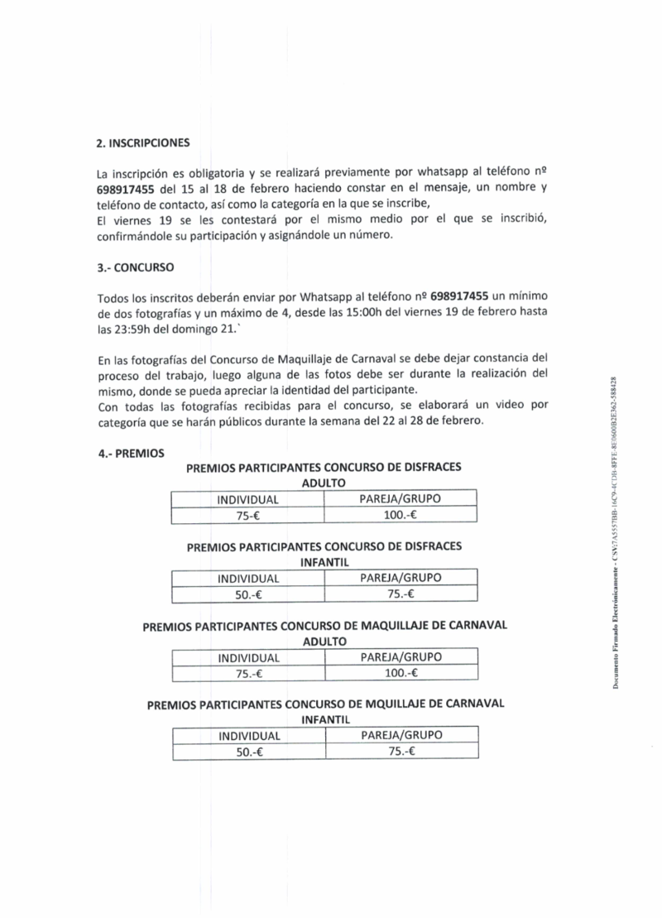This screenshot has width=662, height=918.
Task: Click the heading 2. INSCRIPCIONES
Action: click(x=143, y=142)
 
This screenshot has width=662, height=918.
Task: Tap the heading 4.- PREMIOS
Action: click(x=131, y=454)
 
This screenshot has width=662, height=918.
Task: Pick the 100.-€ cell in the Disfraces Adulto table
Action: click(x=399, y=515)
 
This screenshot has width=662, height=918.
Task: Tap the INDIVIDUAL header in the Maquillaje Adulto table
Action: click(x=249, y=658)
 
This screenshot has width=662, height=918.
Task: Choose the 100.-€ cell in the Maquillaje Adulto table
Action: click(x=401, y=673)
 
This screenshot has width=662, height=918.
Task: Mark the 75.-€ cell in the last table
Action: click(x=401, y=752)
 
